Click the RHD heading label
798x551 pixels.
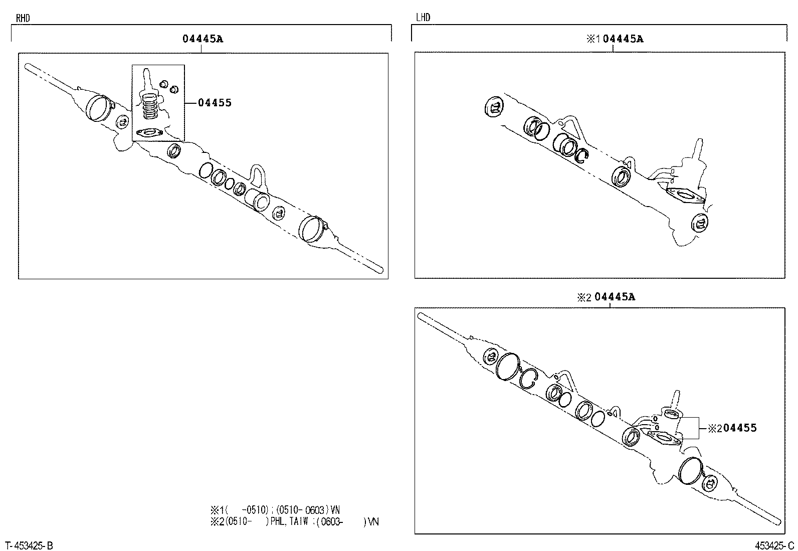pyautogui.click(x=23, y=18)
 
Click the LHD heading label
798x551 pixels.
pyautogui.click(x=423, y=17)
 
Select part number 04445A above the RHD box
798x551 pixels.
pyautogui.click(x=203, y=39)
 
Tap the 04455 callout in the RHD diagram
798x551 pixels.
pyautogui.click(x=215, y=103)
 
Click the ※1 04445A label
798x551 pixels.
pyautogui.click(x=615, y=39)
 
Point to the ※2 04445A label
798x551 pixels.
pyautogui.click(x=606, y=296)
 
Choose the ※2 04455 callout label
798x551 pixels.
pyautogui.click(x=732, y=428)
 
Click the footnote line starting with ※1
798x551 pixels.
pyautogui.click(x=275, y=510)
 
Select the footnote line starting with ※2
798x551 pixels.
pyautogui.click(x=295, y=522)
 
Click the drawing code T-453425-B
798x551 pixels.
pyautogui.click(x=29, y=545)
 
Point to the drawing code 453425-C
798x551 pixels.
pyautogui.click(x=774, y=545)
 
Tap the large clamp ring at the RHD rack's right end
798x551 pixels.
pyautogui.click(x=313, y=229)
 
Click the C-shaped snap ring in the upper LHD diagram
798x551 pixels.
pyautogui.click(x=582, y=155)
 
